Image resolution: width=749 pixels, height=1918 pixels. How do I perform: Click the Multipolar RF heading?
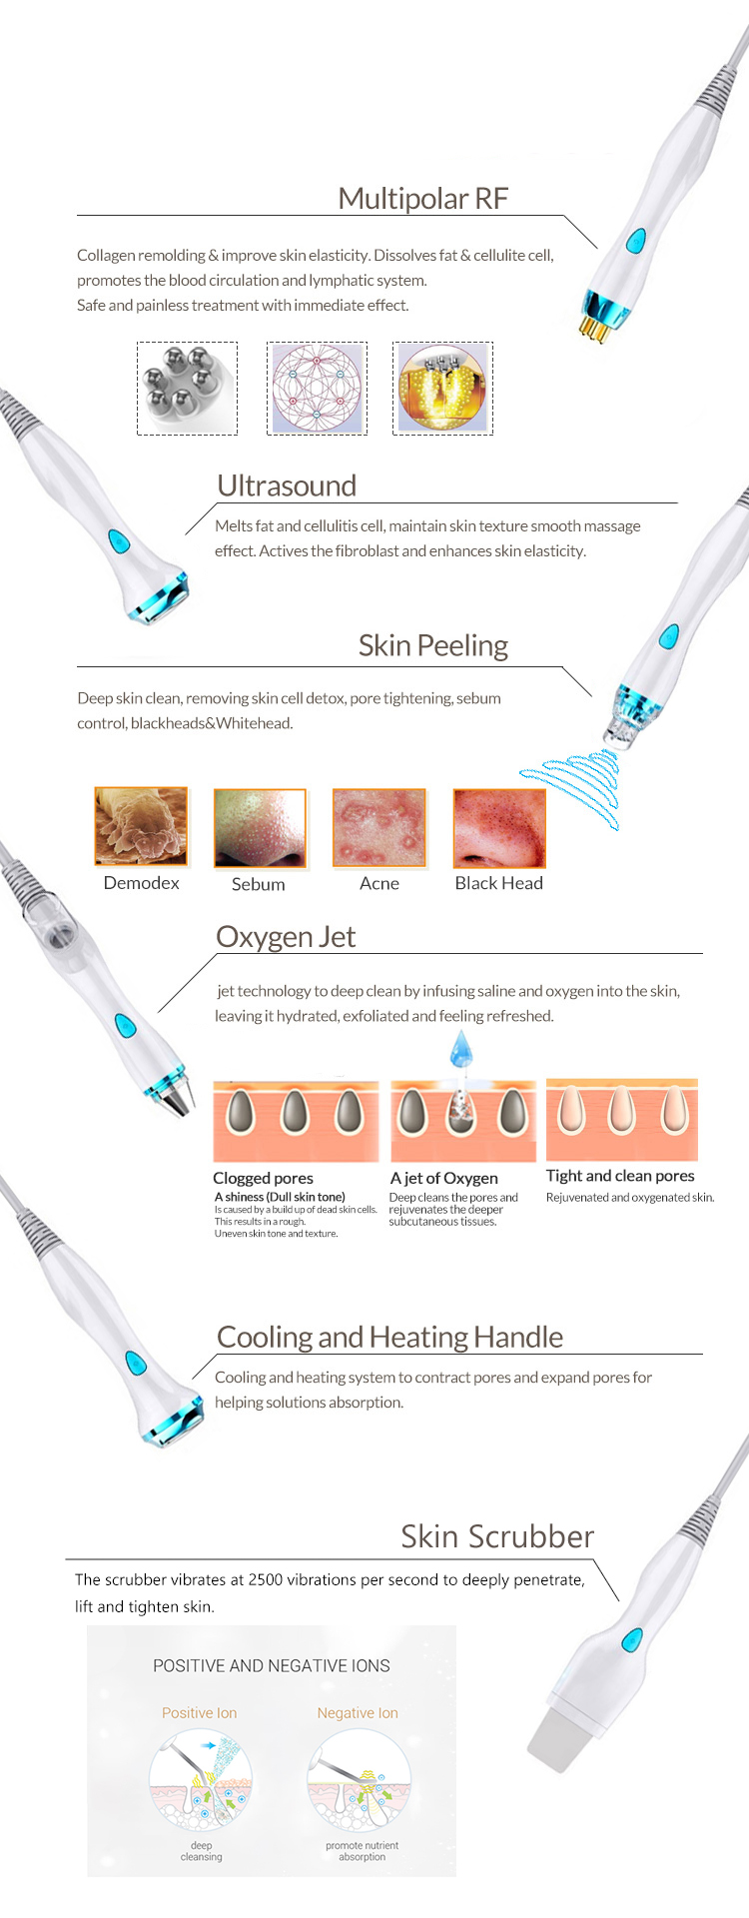(x=422, y=198)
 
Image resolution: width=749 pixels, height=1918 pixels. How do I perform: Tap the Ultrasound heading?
(x=287, y=485)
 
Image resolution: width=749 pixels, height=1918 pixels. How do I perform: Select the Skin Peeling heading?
(x=433, y=646)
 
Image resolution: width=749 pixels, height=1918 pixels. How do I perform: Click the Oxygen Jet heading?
(x=286, y=937)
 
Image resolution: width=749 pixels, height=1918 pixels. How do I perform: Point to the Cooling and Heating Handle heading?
(x=389, y=1337)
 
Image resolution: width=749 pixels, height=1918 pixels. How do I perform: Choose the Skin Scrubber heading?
(x=497, y=1536)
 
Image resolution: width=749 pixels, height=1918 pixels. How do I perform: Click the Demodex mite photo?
(x=141, y=826)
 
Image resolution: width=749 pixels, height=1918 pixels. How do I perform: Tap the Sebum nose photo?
(x=260, y=828)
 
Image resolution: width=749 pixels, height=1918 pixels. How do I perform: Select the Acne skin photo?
(x=379, y=828)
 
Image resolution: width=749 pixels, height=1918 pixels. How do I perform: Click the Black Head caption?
(x=498, y=883)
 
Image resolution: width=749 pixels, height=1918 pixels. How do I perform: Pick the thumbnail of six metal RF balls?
(x=187, y=388)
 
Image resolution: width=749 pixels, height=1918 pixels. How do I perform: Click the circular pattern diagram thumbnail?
(x=317, y=388)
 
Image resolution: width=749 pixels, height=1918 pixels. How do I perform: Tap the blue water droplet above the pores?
(x=460, y=1049)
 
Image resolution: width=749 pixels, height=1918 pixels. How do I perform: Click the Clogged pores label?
(x=263, y=1178)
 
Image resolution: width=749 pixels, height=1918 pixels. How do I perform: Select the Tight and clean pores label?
(x=620, y=1176)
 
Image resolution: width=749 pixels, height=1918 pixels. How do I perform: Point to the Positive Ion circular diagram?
(x=201, y=1782)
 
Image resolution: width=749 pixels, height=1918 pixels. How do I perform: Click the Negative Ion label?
(x=358, y=1713)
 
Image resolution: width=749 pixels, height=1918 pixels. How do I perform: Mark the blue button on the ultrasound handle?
(x=119, y=541)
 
